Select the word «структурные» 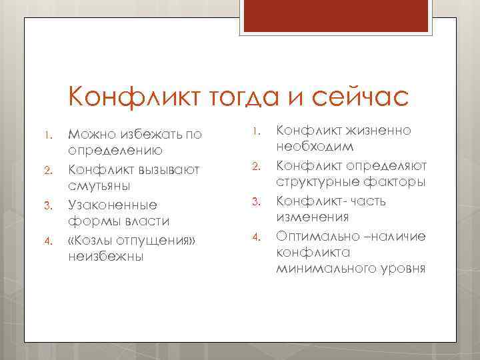(319, 182)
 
